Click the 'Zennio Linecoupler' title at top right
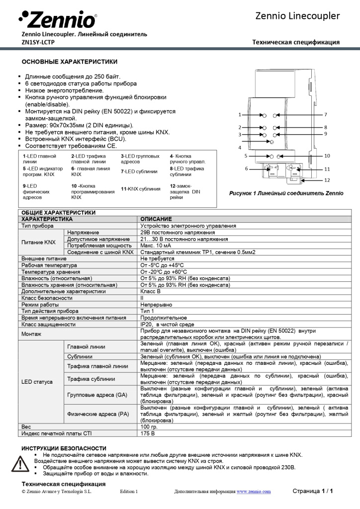click(297, 16)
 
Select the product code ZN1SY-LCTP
click(38, 42)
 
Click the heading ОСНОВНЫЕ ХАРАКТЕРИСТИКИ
click(69, 62)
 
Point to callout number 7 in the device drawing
click(325, 115)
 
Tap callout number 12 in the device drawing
click(327, 180)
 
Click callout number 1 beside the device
click(240, 115)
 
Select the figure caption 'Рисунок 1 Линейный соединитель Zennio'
click(286, 193)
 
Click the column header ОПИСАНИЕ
click(156, 219)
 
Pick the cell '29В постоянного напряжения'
click(178, 232)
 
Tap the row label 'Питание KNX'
click(38, 242)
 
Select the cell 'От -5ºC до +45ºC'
click(162, 265)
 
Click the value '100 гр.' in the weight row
click(149, 427)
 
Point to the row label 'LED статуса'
click(36, 382)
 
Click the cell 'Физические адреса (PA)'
click(98, 414)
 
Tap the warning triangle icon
click(20, 464)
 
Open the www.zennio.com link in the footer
click(254, 492)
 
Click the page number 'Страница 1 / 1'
click(312, 491)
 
